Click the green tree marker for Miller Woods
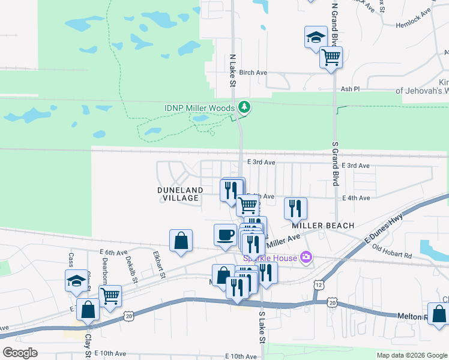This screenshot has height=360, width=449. (244, 107)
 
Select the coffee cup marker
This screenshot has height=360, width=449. (226, 235)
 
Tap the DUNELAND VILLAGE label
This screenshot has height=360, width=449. (179, 194)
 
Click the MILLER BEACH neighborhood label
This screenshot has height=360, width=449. (323, 225)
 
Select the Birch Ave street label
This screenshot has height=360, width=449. (253, 73)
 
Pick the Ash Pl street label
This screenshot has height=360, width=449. (349, 88)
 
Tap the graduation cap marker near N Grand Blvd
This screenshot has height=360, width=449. (315, 37)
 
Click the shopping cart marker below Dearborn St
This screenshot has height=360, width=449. (110, 296)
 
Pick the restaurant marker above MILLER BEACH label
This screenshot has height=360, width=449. (295, 208)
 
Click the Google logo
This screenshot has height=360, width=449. (20, 353)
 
